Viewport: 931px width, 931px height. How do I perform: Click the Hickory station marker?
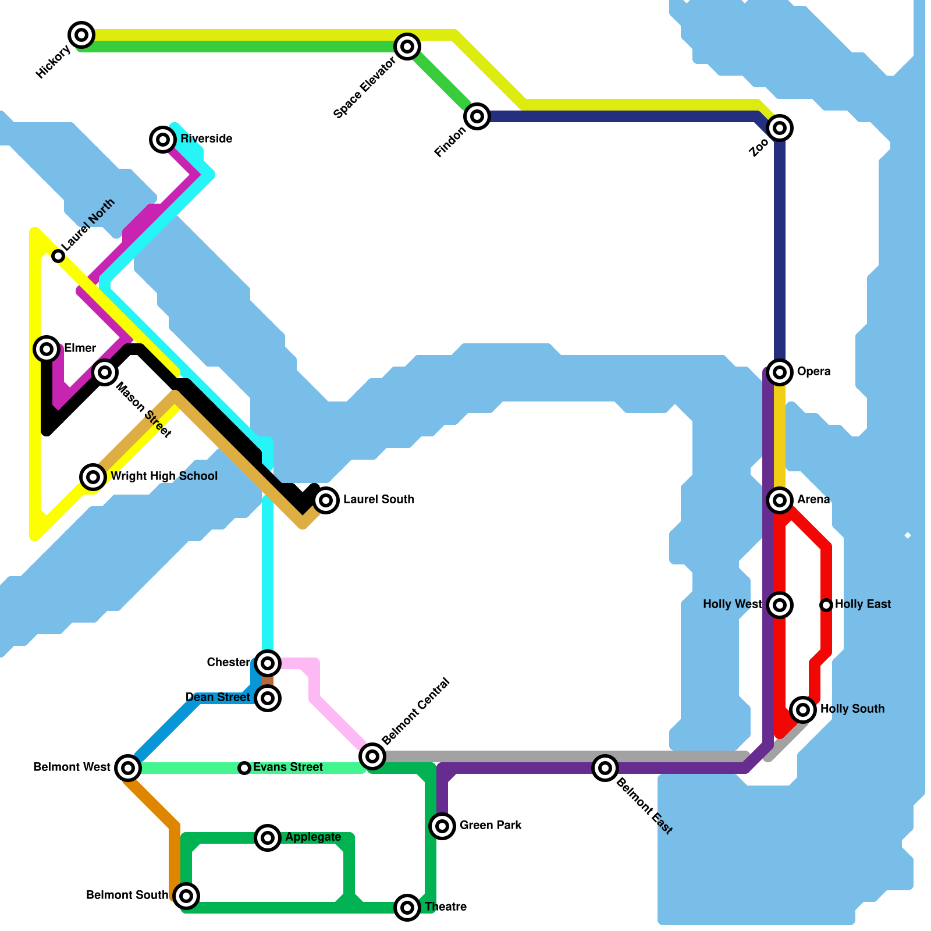tap(81, 35)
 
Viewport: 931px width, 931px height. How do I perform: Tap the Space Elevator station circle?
tap(407, 47)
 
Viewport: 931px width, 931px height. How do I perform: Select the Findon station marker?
tap(477, 116)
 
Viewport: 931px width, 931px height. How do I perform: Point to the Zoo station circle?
tap(780, 128)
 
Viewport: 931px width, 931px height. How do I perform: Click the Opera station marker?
tap(780, 372)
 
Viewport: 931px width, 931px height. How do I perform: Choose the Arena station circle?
tap(780, 500)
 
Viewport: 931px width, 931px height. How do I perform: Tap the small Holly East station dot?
tap(826, 605)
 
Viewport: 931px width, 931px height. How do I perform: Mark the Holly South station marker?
tap(803, 709)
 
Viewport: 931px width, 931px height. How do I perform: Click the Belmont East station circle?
tap(605, 768)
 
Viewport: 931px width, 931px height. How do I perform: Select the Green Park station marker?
tap(442, 826)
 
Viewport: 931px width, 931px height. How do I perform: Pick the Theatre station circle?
tap(407, 907)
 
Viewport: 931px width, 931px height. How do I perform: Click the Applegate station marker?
tap(268, 838)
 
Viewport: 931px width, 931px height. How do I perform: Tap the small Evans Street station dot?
tap(244, 768)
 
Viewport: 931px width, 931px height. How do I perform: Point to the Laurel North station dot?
tap(58, 256)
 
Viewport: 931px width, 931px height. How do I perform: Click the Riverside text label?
tap(206, 138)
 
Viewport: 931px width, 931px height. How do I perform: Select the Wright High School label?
tap(164, 476)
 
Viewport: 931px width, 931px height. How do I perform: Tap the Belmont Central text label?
tap(415, 711)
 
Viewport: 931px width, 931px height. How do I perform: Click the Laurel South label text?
tap(378, 499)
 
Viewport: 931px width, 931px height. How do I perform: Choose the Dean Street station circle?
tap(268, 698)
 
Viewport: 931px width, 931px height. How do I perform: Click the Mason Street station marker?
tap(105, 372)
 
